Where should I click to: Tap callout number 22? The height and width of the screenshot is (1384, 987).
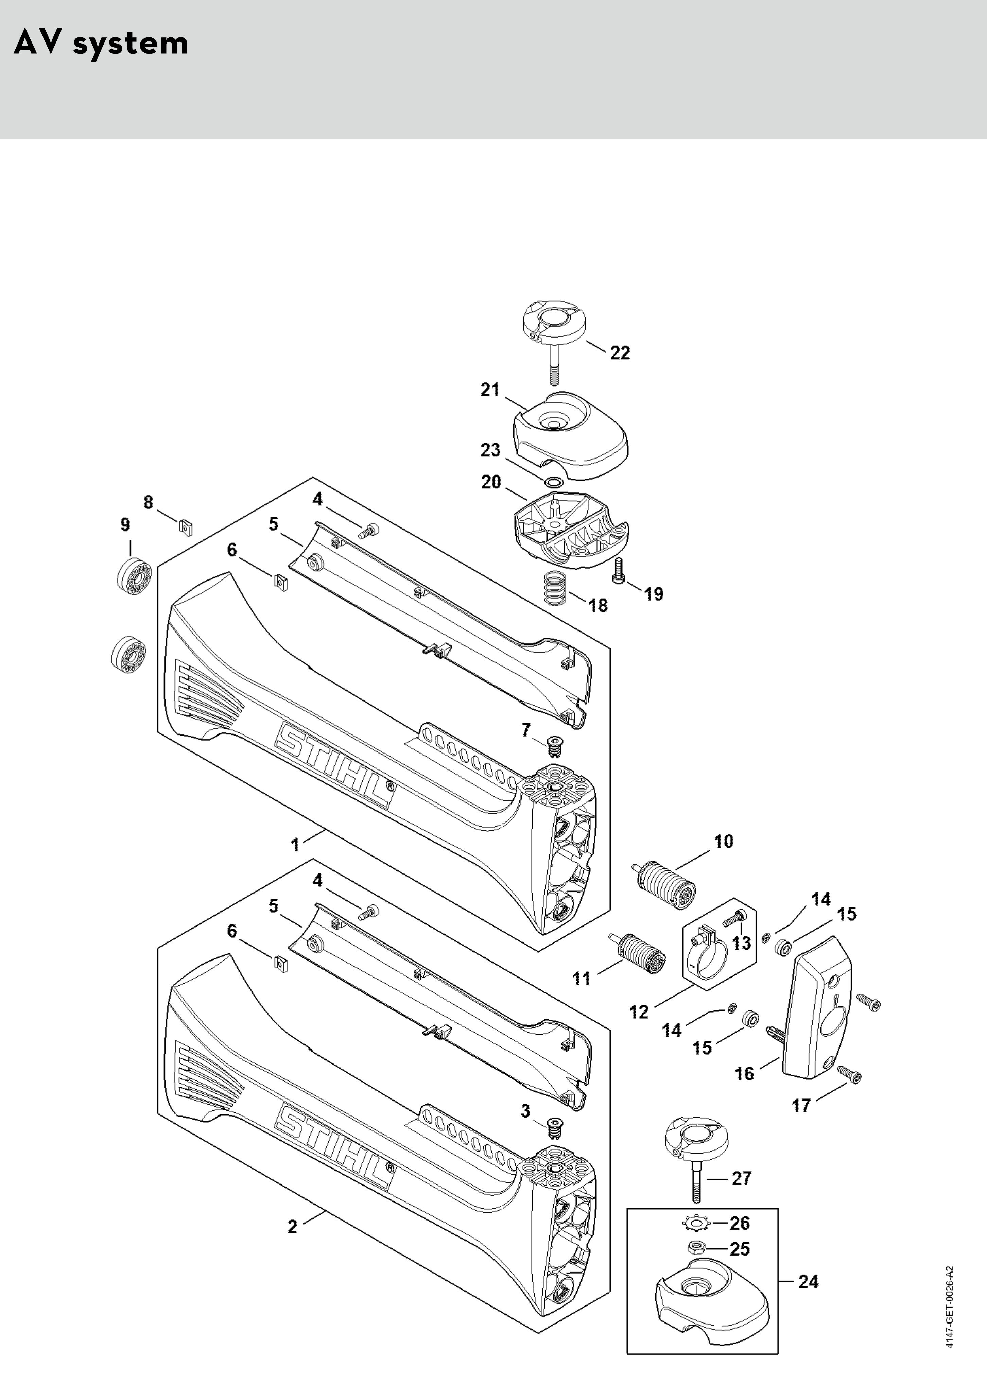pyautogui.click(x=620, y=352)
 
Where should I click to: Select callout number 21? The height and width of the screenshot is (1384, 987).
pyautogui.click(x=490, y=390)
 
